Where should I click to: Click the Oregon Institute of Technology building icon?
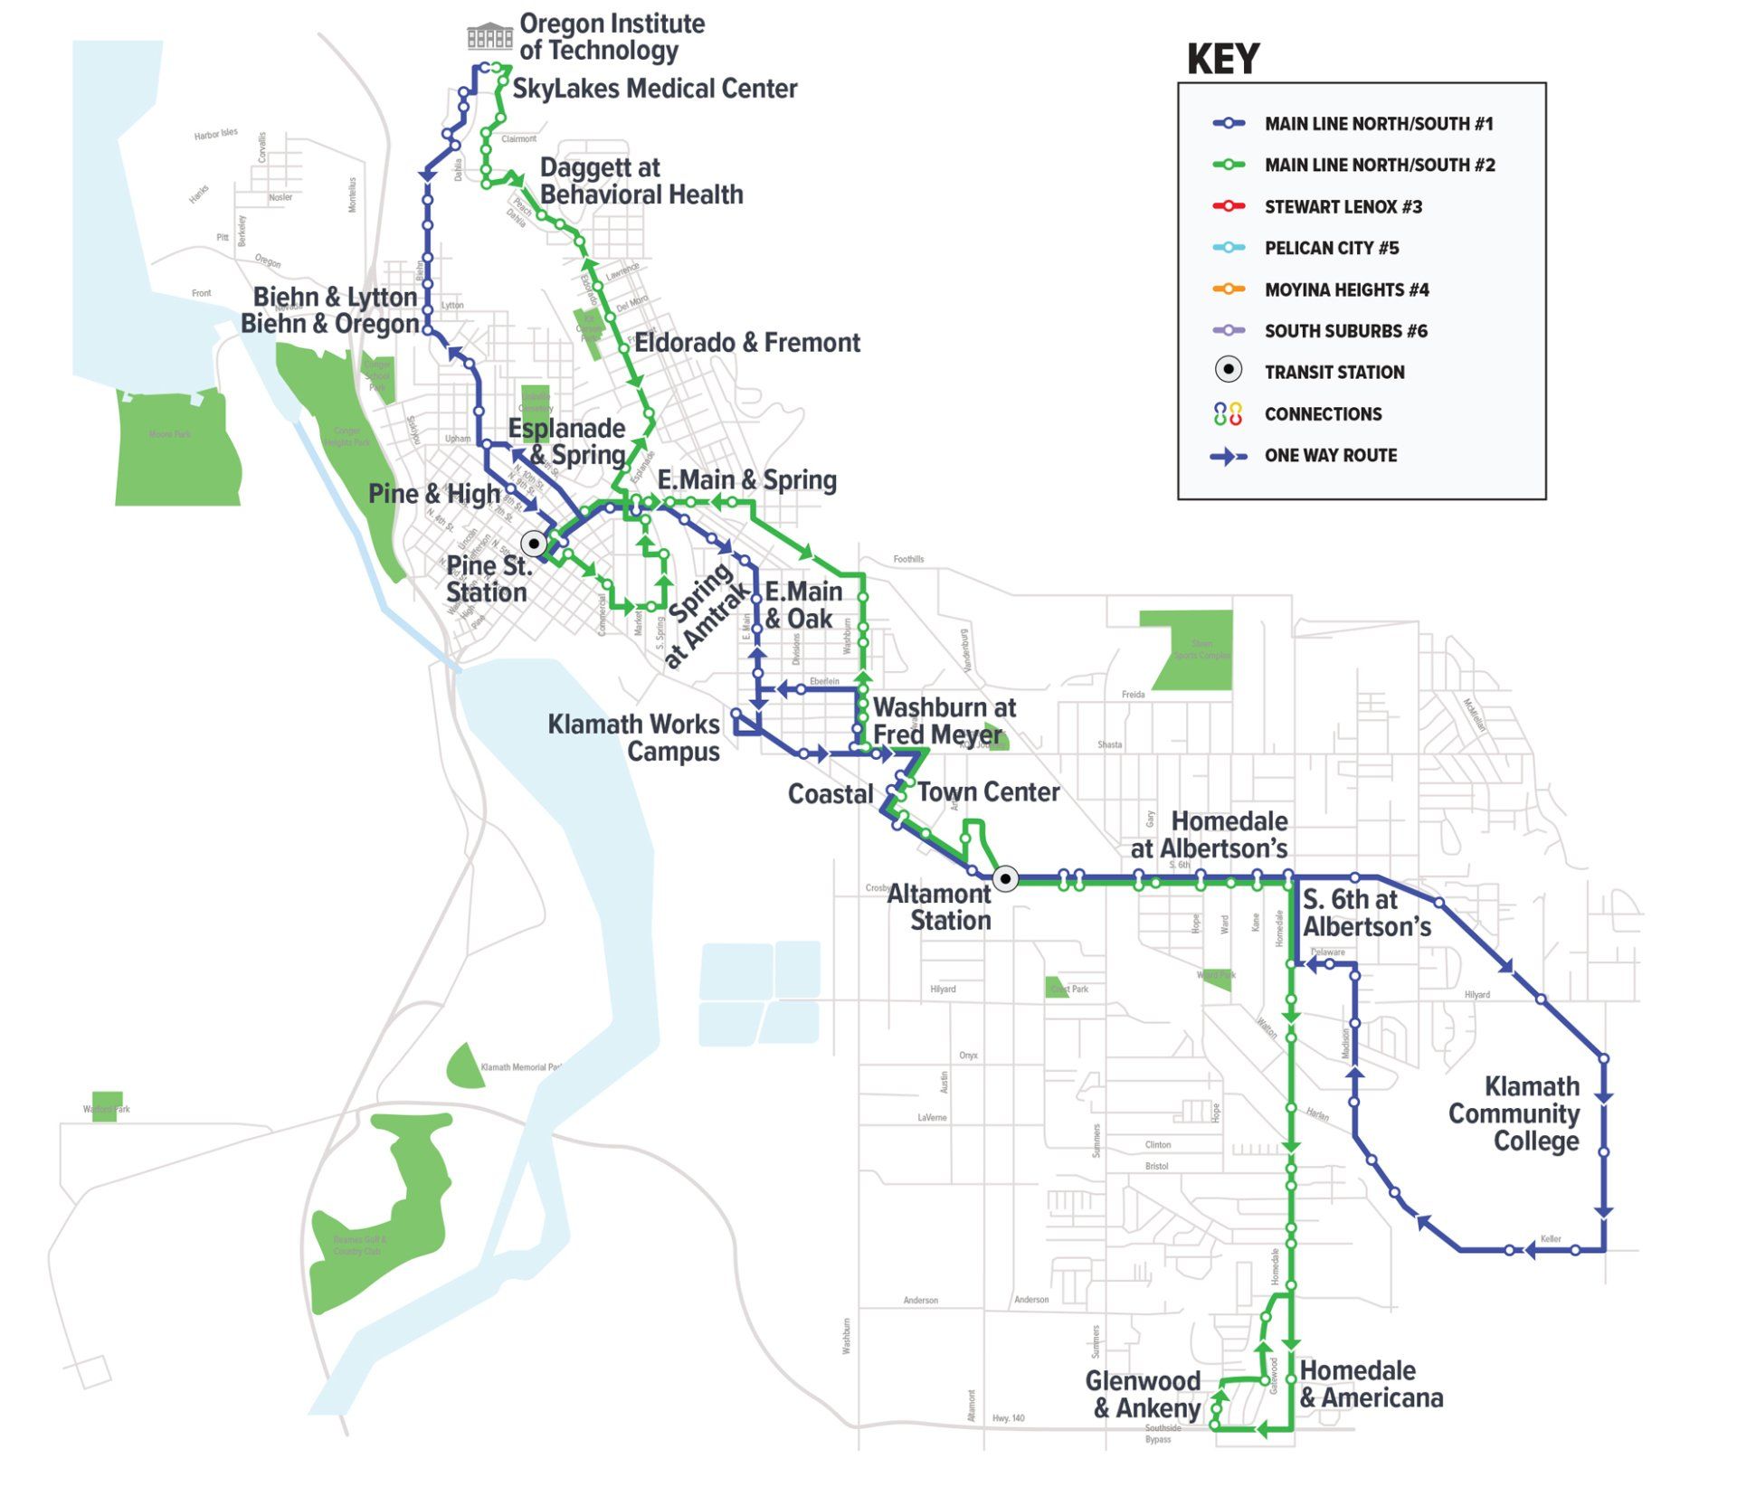click(x=489, y=36)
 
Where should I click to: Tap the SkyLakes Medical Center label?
click(x=654, y=89)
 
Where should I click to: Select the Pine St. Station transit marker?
click(x=535, y=544)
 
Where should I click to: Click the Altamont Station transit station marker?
click(x=1005, y=878)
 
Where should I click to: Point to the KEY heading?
click(x=1222, y=60)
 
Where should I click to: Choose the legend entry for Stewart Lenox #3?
click(x=1343, y=207)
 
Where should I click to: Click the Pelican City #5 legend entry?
click(x=1331, y=248)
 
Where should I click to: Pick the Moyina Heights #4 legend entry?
click(x=1346, y=289)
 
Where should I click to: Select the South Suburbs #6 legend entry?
click(x=1345, y=331)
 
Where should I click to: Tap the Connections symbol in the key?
click(x=1227, y=414)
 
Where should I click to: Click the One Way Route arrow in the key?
click(x=1228, y=456)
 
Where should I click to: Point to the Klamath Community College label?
click(x=1514, y=1113)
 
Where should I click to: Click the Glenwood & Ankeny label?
click(x=1144, y=1394)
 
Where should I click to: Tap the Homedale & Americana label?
click(x=1370, y=1384)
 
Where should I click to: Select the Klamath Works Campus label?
click(x=634, y=738)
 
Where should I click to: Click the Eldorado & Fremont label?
click(x=746, y=343)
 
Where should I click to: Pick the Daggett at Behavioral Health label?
click(x=641, y=181)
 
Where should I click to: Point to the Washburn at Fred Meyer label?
click(x=943, y=721)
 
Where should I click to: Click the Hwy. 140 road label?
click(x=1008, y=1417)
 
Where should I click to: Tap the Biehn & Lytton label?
click(x=335, y=297)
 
